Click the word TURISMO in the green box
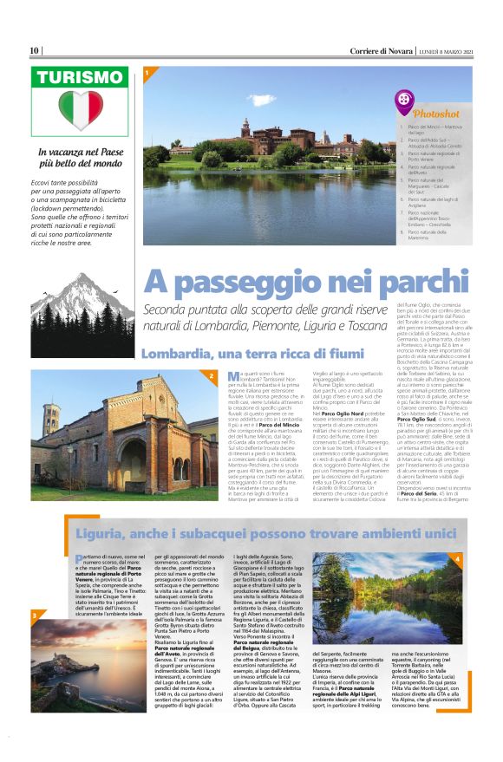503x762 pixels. pos(80,79)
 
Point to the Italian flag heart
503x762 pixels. pos(81,110)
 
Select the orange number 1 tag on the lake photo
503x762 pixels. pos(147,72)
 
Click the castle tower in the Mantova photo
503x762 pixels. pos(246,127)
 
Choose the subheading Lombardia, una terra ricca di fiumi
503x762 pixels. pos(239,354)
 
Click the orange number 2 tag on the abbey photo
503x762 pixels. pos(211,375)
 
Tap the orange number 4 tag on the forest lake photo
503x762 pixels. pos(457,560)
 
